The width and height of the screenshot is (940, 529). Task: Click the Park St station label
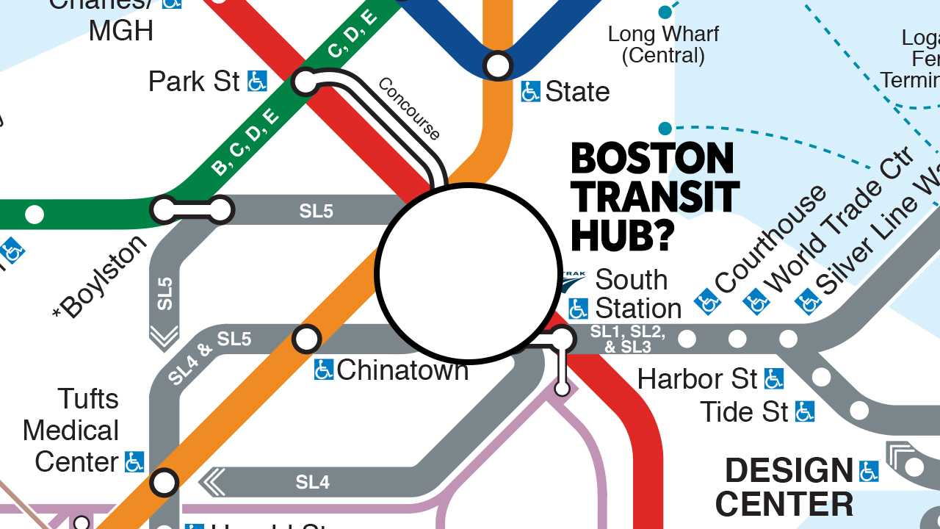(194, 82)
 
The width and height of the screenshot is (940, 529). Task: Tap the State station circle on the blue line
(498, 65)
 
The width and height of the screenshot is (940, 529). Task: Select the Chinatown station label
(402, 370)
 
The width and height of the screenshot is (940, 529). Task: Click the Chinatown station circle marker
(307, 339)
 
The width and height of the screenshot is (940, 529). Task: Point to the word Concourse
(409, 109)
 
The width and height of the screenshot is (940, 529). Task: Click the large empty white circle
(469, 273)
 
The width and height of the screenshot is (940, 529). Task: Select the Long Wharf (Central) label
(663, 44)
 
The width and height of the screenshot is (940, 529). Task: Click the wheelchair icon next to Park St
(257, 81)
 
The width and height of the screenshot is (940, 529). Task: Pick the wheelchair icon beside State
(530, 92)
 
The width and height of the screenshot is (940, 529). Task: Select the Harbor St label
(697, 379)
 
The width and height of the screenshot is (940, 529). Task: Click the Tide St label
(744, 412)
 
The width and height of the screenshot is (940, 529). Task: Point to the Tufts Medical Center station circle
(164, 483)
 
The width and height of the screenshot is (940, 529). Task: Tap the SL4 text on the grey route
(313, 482)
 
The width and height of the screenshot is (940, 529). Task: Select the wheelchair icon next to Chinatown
(323, 370)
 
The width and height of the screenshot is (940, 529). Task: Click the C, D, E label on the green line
(352, 35)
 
